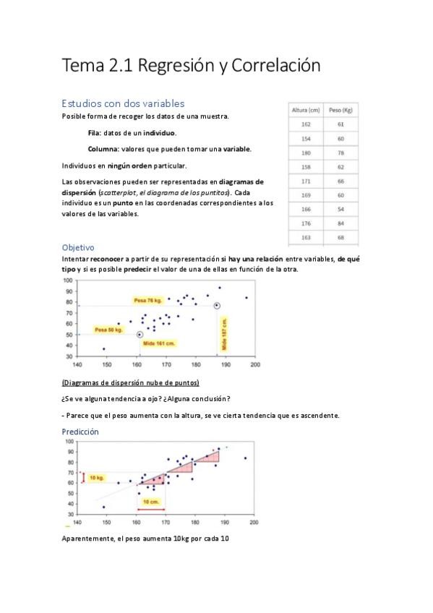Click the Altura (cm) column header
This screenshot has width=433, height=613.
pyautogui.click(x=305, y=110)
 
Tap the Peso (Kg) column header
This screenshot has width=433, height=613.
pyautogui.click(x=340, y=110)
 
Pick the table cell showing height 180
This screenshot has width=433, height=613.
pyautogui.click(x=305, y=153)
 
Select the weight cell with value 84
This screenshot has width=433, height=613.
pyautogui.click(x=340, y=223)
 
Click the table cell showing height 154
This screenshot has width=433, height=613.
pyautogui.click(x=305, y=138)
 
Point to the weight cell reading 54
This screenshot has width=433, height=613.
pyautogui.click(x=340, y=209)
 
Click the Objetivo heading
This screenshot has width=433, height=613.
pyautogui.click(x=78, y=247)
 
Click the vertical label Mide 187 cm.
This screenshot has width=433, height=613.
pyautogui.click(x=225, y=336)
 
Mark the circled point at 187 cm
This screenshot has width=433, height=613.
pyautogui.click(x=217, y=306)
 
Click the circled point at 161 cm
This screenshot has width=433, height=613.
pyautogui.click(x=140, y=335)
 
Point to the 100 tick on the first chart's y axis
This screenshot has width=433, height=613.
pyautogui.click(x=69, y=280)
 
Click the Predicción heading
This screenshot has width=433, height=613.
pyautogui.click(x=80, y=432)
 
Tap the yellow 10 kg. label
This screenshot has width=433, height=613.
pyautogui.click(x=97, y=478)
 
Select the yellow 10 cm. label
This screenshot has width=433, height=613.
pyautogui.click(x=152, y=501)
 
